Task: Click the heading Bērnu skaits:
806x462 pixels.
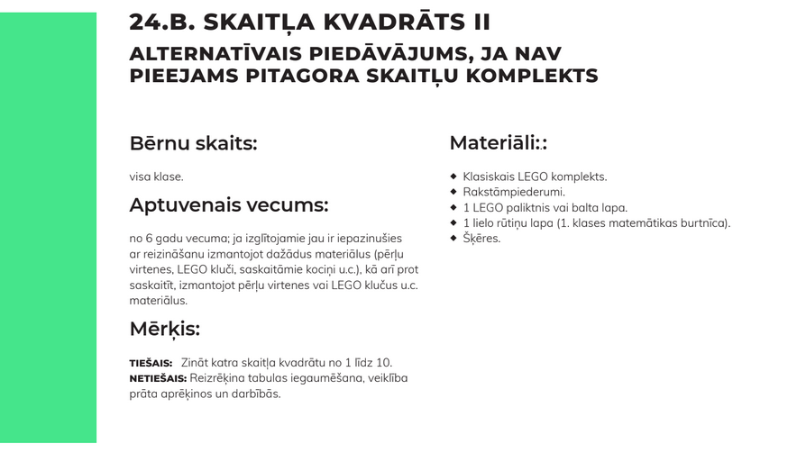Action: (193, 143)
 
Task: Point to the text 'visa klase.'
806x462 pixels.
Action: (156, 177)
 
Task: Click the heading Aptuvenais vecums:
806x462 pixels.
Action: (228, 205)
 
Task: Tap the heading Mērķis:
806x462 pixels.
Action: (164, 329)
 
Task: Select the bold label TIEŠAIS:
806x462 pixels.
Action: (151, 363)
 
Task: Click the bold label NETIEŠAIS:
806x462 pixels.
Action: (158, 378)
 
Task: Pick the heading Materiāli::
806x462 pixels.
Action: (498, 143)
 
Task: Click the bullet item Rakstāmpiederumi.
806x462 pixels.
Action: (514, 192)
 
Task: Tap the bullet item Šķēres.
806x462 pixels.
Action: (481, 239)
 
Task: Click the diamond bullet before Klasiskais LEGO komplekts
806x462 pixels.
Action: (453, 177)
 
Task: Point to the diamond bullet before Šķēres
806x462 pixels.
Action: (453, 238)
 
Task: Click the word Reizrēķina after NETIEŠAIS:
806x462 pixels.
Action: (219, 378)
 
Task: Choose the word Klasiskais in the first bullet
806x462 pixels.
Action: (488, 177)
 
